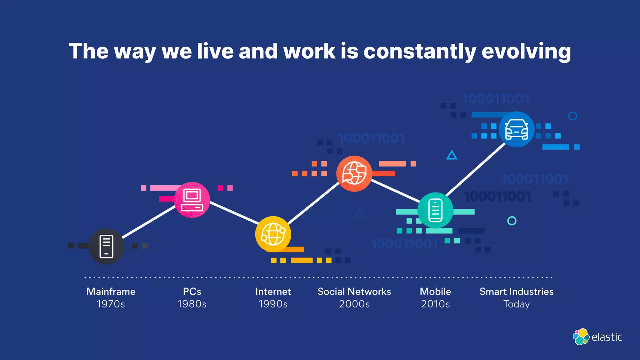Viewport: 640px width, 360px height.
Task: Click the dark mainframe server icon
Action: (x=106, y=247)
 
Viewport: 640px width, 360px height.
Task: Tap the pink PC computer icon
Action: (x=192, y=200)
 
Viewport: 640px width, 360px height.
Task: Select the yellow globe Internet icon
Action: (x=273, y=234)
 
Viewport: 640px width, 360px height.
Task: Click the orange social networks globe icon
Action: (x=354, y=174)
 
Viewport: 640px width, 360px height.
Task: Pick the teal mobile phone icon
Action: (x=435, y=210)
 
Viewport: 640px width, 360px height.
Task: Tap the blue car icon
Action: (x=517, y=129)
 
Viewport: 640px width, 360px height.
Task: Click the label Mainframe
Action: (x=111, y=292)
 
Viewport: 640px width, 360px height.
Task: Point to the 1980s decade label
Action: (x=192, y=304)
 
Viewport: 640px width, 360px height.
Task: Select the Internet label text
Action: (x=273, y=292)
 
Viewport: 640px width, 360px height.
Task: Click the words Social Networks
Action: (x=354, y=292)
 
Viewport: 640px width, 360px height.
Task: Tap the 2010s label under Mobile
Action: (x=435, y=304)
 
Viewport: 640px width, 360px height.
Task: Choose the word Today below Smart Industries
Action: (x=516, y=304)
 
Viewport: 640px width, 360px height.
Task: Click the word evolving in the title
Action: (x=526, y=51)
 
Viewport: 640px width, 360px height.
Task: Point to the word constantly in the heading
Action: (x=420, y=51)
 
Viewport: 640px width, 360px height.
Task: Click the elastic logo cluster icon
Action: (x=581, y=337)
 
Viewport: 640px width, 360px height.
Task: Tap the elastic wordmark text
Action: (x=607, y=337)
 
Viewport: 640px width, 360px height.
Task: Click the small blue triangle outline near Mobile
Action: (x=452, y=155)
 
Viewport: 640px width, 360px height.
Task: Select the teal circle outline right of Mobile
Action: (x=512, y=221)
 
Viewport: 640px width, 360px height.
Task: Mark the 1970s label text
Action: (x=111, y=304)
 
